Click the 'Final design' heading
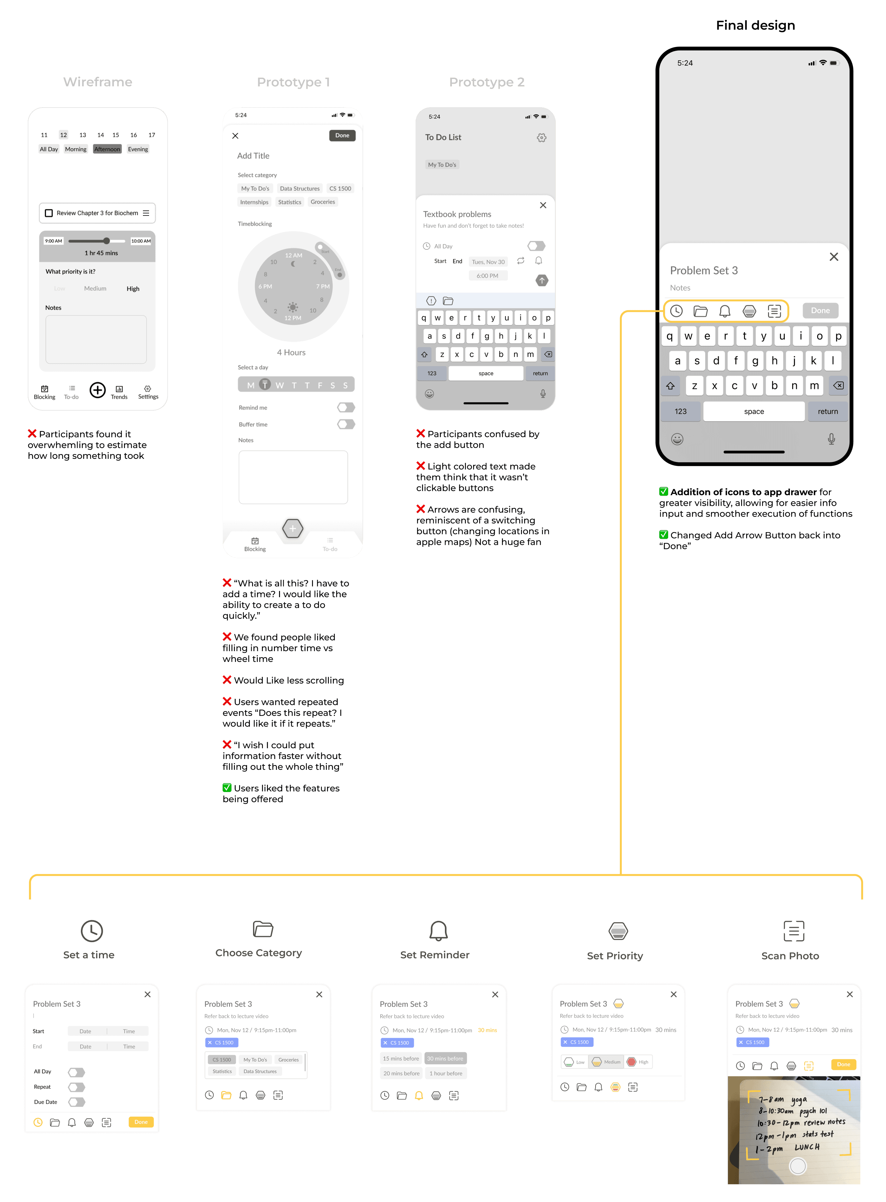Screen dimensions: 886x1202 click(755, 25)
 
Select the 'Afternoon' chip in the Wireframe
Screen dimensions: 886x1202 click(107, 149)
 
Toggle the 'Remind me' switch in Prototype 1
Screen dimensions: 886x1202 click(346, 408)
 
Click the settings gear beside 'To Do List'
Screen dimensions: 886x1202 click(542, 138)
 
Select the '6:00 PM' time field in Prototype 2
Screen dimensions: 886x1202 click(487, 276)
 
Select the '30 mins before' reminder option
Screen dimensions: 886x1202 click(445, 1059)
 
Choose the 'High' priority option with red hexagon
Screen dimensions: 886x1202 click(638, 1062)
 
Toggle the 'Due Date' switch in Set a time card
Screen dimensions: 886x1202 click(77, 1102)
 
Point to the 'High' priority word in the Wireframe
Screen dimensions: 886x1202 click(133, 289)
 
